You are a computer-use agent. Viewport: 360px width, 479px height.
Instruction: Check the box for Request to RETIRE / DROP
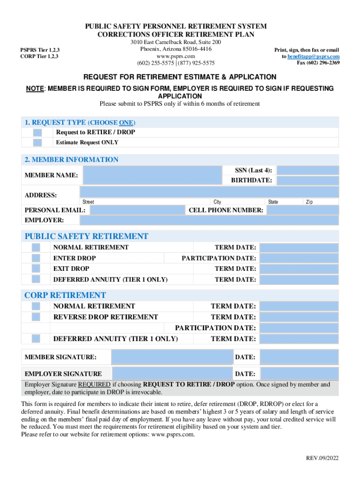click(x=37, y=133)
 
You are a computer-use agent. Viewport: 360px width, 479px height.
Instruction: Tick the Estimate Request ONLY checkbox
click(x=37, y=143)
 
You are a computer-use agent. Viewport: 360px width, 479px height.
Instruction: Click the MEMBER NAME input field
click(x=151, y=175)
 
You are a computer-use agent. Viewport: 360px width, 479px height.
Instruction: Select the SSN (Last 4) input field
click(x=308, y=170)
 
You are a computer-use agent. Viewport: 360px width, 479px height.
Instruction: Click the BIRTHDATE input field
click(x=308, y=181)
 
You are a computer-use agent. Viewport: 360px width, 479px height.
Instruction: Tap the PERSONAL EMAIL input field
click(x=137, y=210)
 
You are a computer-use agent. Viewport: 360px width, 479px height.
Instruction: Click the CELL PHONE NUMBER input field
click(x=303, y=210)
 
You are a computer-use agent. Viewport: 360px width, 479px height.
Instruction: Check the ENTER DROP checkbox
click(x=36, y=258)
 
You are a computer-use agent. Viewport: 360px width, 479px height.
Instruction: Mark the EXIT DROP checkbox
click(x=36, y=269)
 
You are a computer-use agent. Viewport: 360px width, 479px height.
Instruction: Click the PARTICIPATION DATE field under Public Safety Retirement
click(x=299, y=258)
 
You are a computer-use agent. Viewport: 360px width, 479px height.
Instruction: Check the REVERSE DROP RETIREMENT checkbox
click(x=36, y=317)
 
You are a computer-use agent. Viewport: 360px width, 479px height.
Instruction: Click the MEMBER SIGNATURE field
click(x=172, y=357)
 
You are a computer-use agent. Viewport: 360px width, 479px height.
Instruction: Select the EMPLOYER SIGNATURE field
click(x=173, y=374)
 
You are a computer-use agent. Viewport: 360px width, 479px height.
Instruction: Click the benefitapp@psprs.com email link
click(x=313, y=57)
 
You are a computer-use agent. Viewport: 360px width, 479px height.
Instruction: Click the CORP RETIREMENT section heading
click(x=65, y=295)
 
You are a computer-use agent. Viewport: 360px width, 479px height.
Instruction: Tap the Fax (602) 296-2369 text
click(x=318, y=63)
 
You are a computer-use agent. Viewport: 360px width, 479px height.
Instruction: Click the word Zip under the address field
click(x=309, y=202)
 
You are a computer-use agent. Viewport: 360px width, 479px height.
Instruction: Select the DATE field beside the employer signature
click(x=299, y=374)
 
